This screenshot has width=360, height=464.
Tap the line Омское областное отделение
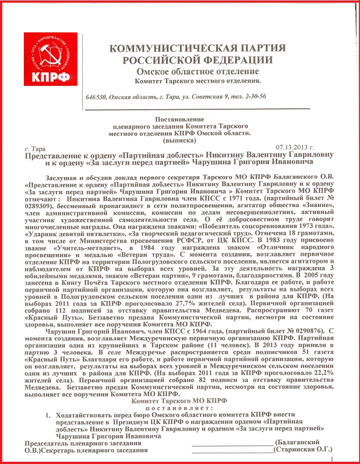[x=198, y=71]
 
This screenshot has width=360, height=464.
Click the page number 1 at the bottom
[x=332, y=459]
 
